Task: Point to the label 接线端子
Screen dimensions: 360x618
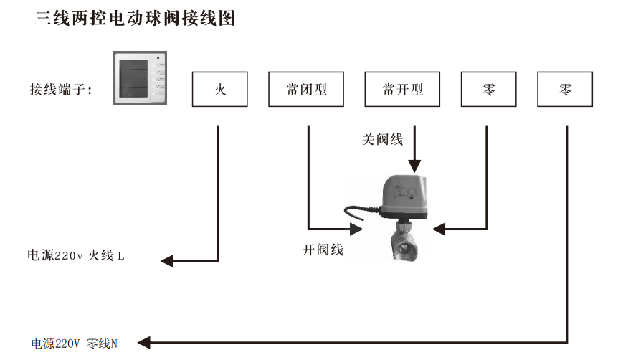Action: (x=60, y=90)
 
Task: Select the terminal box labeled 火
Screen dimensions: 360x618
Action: (x=219, y=90)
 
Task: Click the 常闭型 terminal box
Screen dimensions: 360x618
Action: (x=305, y=90)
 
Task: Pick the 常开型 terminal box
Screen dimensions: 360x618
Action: (x=402, y=90)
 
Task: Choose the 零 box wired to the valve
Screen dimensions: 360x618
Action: (x=488, y=90)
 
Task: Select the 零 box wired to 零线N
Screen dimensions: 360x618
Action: (x=565, y=90)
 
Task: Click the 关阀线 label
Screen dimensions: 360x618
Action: (x=382, y=139)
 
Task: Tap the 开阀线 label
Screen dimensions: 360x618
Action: (x=323, y=250)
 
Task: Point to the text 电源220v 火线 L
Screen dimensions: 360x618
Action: (x=76, y=256)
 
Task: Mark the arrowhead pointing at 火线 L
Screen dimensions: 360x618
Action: (x=167, y=261)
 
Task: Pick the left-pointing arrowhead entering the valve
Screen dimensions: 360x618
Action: (x=438, y=229)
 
